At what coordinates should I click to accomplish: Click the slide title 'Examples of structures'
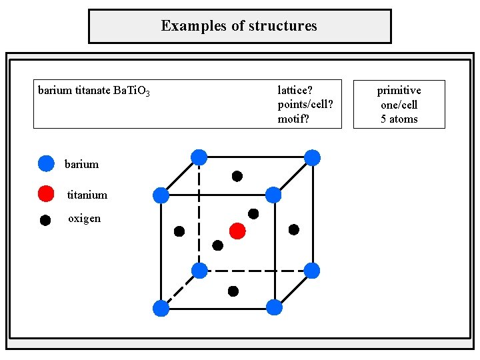[239, 26]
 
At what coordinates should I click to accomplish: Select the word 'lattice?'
[295, 90]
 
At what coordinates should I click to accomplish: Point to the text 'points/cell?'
[305, 105]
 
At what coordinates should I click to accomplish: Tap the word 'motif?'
[293, 119]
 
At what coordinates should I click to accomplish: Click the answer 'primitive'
[399, 90]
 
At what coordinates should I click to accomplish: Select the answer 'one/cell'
[399, 105]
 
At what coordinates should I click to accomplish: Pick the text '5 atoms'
[399, 119]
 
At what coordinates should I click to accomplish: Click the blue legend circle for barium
[45, 163]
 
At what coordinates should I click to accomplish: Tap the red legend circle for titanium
[45, 194]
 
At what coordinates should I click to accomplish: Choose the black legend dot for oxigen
[45, 219]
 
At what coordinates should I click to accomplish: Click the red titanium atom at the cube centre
[237, 231]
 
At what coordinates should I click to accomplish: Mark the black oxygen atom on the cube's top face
[237, 177]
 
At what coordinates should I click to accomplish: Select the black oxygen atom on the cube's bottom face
[233, 291]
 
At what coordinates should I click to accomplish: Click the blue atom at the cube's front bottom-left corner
[161, 308]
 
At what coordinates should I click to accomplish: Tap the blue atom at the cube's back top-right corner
[312, 158]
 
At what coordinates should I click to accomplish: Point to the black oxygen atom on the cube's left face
[179, 231]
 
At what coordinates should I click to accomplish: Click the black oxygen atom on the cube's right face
[293, 230]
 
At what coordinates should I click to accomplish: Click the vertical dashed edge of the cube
[199, 213]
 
